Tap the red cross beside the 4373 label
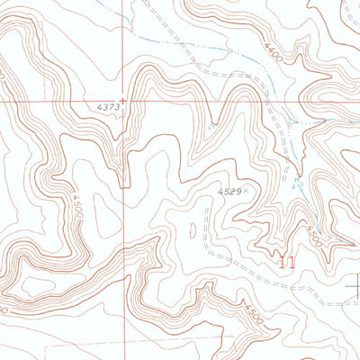tap(123, 101)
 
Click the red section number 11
tap(286, 263)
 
